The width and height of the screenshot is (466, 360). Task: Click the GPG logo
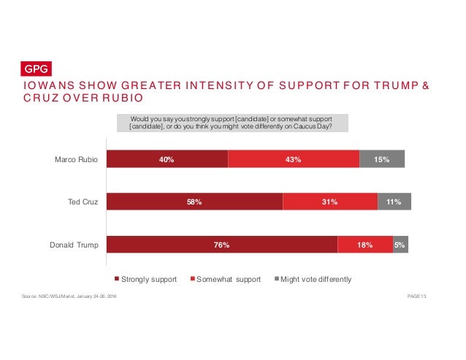[x=34, y=69]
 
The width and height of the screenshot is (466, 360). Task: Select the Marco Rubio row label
[x=78, y=159]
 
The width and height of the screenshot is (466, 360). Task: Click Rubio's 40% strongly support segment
[x=167, y=159]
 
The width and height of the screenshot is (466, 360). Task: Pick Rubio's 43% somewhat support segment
[x=294, y=159]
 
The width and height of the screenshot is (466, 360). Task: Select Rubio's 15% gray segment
[x=381, y=159]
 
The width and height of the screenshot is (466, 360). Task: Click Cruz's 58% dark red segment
[x=194, y=202]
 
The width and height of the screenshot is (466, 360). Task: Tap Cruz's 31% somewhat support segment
[x=329, y=202]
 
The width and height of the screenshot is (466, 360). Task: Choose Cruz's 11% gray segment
[x=394, y=202]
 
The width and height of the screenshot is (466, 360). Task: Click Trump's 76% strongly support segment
[x=222, y=245]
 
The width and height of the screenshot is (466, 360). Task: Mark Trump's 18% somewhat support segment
[x=364, y=245]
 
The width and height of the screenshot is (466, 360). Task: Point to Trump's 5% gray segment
[x=400, y=245]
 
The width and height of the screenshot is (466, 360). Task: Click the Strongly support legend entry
[x=146, y=280]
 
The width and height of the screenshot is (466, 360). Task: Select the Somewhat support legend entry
[x=226, y=280]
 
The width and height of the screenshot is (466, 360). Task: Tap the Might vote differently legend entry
[x=313, y=280]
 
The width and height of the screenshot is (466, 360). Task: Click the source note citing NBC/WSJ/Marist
[x=69, y=296]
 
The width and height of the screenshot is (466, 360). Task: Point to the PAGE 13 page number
[x=414, y=296]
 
